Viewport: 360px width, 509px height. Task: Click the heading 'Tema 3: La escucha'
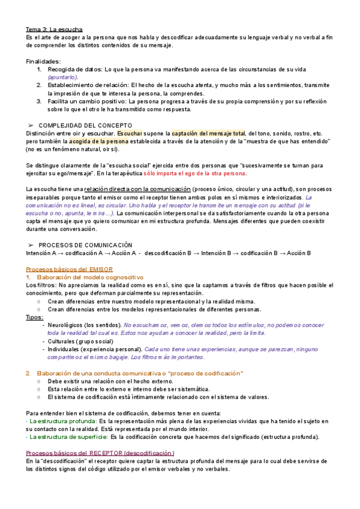pos(55,29)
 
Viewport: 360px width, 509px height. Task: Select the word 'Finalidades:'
pos(43,61)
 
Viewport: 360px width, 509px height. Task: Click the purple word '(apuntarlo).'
pos(62,77)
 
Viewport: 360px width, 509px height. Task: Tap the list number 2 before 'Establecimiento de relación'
pos(40,86)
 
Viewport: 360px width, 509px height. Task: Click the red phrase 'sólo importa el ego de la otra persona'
pos(194,173)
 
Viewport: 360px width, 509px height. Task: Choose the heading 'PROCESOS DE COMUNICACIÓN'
pos(85,245)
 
